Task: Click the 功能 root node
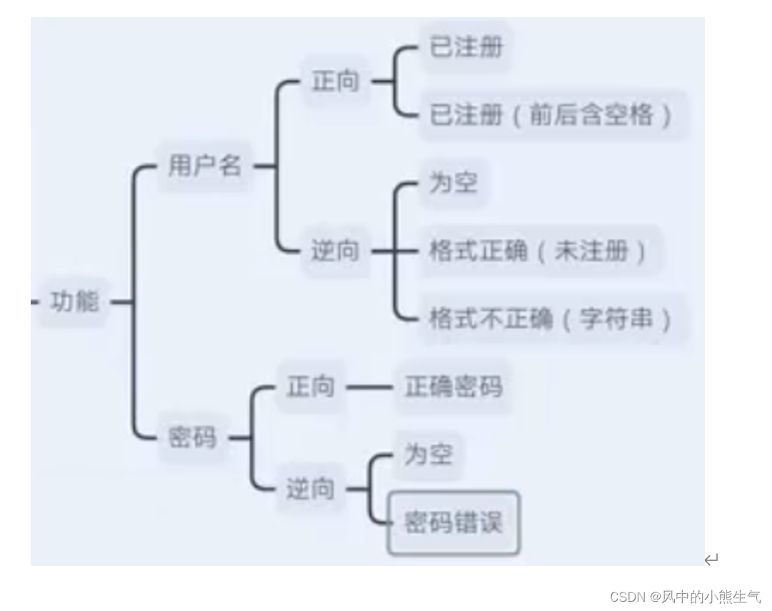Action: coord(74,302)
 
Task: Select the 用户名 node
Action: coord(205,166)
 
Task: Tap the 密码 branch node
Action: coord(192,438)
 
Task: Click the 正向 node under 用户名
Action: coord(335,82)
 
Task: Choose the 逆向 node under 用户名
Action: coord(335,251)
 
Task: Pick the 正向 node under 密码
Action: coord(311,388)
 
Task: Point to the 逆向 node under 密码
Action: coord(311,489)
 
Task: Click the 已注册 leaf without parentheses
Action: coord(466,47)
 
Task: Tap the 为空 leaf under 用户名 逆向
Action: coord(453,183)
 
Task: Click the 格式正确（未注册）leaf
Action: coord(538,251)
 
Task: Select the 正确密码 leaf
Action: coord(453,388)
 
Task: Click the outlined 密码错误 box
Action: coord(453,522)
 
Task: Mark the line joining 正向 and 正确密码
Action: coord(369,388)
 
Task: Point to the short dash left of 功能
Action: coord(34,302)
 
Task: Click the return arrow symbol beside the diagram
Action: coord(711,559)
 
